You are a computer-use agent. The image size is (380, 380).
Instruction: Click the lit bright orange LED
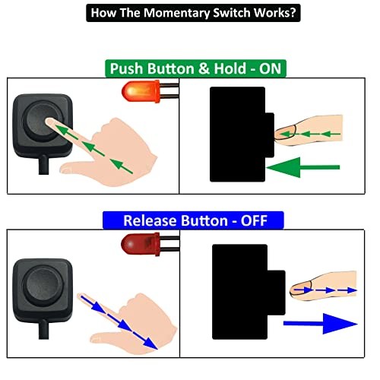135,93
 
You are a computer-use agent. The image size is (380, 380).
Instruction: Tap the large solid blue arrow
319,324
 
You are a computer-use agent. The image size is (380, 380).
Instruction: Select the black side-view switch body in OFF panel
239,290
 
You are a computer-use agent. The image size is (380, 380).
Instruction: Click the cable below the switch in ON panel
39,172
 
